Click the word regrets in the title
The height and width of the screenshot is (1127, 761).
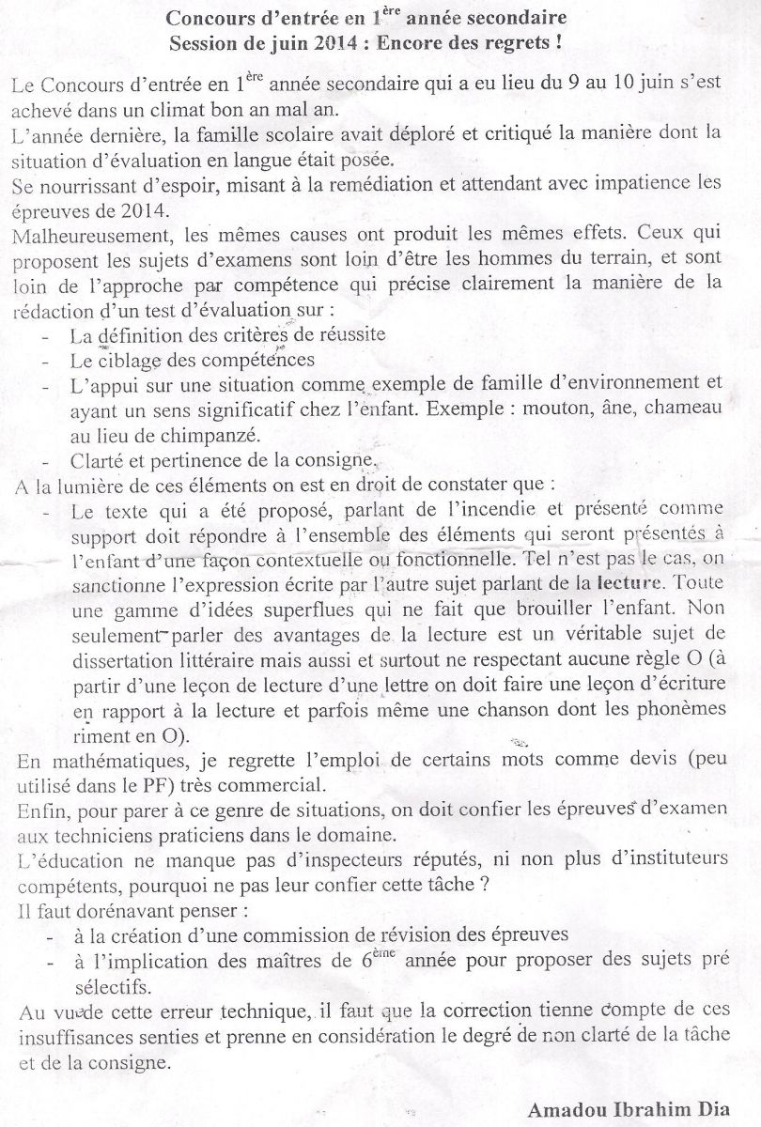point(530,43)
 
